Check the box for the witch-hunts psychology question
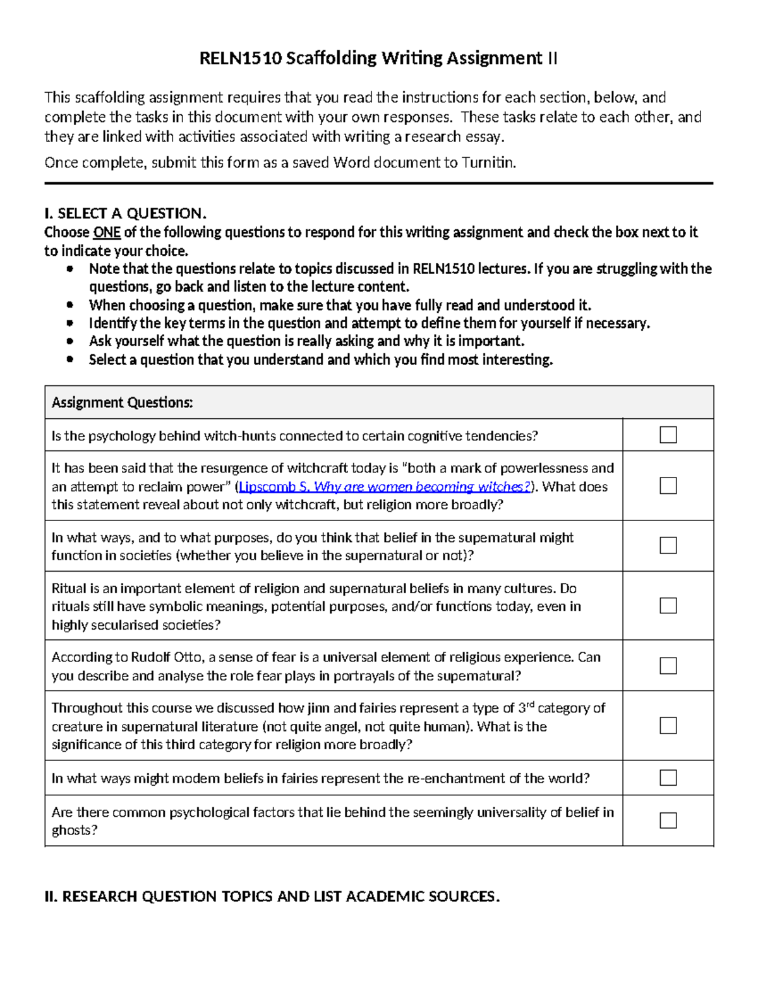pos(668,435)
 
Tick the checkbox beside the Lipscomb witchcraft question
pos(668,485)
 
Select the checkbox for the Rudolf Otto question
pos(668,666)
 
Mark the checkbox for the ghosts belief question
pos(668,820)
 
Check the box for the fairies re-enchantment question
pos(668,777)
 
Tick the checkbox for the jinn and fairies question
pos(668,725)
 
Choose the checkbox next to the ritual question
pos(668,605)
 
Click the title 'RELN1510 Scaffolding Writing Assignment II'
pos(378,59)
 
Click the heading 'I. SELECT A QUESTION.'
pos(125,213)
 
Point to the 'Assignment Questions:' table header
pos(122,402)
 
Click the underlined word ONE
pos(107,232)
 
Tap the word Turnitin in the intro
pos(488,163)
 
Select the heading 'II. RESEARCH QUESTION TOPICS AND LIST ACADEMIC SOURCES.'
pos(272,896)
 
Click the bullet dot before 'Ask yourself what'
pos(70,341)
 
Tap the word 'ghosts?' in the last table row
pos(75,831)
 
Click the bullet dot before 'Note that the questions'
pos(70,269)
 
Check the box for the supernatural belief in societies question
pos(668,545)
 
